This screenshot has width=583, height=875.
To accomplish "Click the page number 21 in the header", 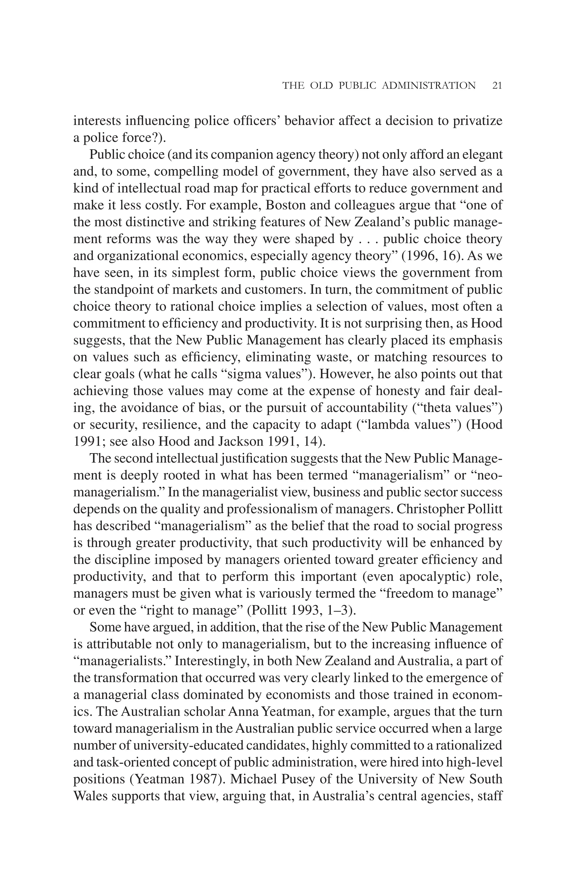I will pos(497,85).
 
